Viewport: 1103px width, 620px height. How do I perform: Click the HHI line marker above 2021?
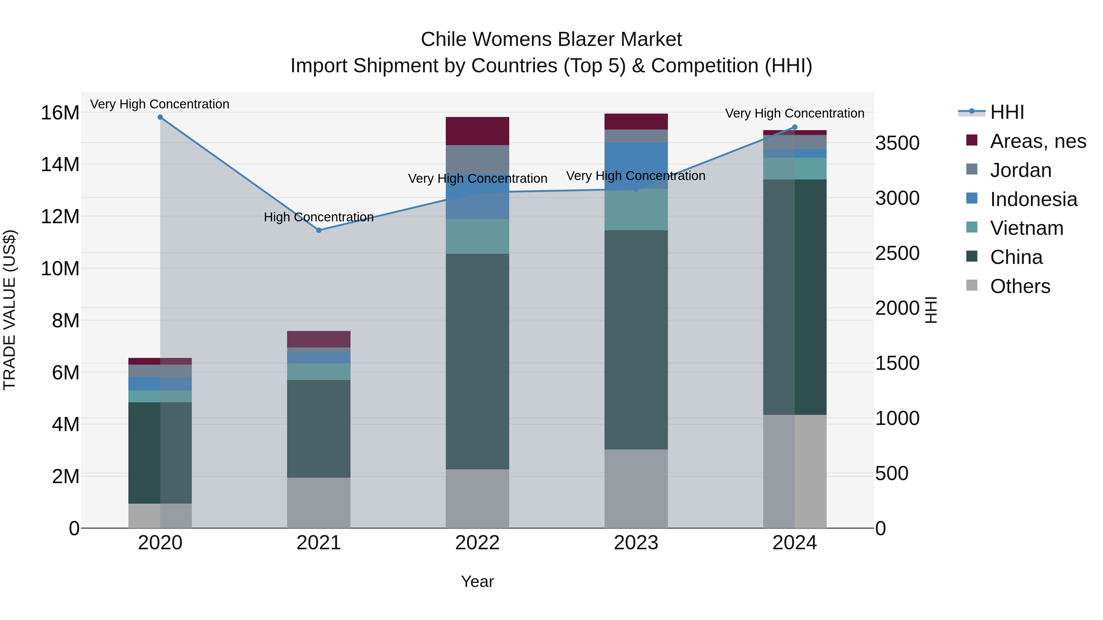pyautogui.click(x=319, y=230)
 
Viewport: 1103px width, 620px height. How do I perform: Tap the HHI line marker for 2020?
pyautogui.click(x=160, y=117)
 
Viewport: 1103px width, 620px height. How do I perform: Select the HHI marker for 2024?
pyautogui.click(x=795, y=127)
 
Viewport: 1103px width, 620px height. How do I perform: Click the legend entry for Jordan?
pyautogui.click(x=1020, y=170)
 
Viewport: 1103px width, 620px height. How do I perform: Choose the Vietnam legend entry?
pyautogui.click(x=1026, y=228)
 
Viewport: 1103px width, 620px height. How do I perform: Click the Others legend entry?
pyautogui.click(x=1020, y=286)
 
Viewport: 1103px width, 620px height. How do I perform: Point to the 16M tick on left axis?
pyautogui.click(x=60, y=113)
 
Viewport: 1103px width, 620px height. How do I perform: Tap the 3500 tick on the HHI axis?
pyautogui.click(x=897, y=143)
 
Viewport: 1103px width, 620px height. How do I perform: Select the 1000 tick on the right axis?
pyautogui.click(x=897, y=419)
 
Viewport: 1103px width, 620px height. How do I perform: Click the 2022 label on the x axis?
pyautogui.click(x=477, y=543)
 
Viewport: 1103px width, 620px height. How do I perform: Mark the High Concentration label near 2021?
pyautogui.click(x=319, y=217)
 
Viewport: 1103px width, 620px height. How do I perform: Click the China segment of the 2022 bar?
pyautogui.click(x=477, y=362)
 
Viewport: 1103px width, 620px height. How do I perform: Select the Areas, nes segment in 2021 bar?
pyautogui.click(x=319, y=339)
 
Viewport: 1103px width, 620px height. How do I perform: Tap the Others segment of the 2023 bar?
pyautogui.click(x=636, y=489)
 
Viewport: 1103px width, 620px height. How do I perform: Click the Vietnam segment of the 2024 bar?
pyautogui.click(x=795, y=169)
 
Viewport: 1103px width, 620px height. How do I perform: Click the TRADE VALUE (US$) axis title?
pyautogui.click(x=9, y=310)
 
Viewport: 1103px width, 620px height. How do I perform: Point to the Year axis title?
pyautogui.click(x=477, y=581)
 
